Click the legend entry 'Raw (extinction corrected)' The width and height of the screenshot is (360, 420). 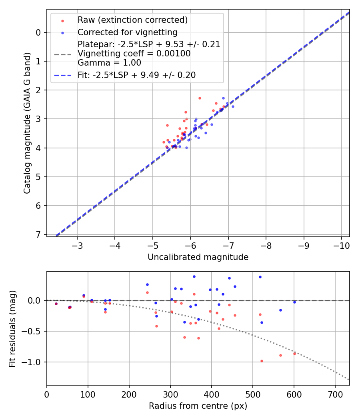[x=132, y=20]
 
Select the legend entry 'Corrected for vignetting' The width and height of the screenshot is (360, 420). [x=127, y=32]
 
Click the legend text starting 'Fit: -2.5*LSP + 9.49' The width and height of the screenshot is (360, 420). [x=136, y=75]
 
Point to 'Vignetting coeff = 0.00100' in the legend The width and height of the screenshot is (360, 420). [x=134, y=53]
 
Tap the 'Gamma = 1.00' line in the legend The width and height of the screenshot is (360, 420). [x=109, y=62]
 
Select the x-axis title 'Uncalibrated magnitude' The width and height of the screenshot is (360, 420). [x=198, y=257]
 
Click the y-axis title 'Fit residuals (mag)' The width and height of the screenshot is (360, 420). [x=12, y=328]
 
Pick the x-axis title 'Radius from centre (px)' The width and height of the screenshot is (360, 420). [x=198, y=406]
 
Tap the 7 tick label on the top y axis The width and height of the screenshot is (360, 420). [x=38, y=234]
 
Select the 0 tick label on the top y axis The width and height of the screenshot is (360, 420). [x=38, y=32]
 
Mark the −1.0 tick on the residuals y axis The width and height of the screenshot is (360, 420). [x=33, y=362]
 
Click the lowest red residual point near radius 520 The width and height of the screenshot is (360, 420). [x=262, y=361]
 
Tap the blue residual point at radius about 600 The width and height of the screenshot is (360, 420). [x=294, y=302]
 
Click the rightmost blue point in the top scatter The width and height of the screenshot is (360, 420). [x=233, y=106]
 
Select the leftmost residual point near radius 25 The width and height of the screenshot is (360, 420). [x=56, y=304]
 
